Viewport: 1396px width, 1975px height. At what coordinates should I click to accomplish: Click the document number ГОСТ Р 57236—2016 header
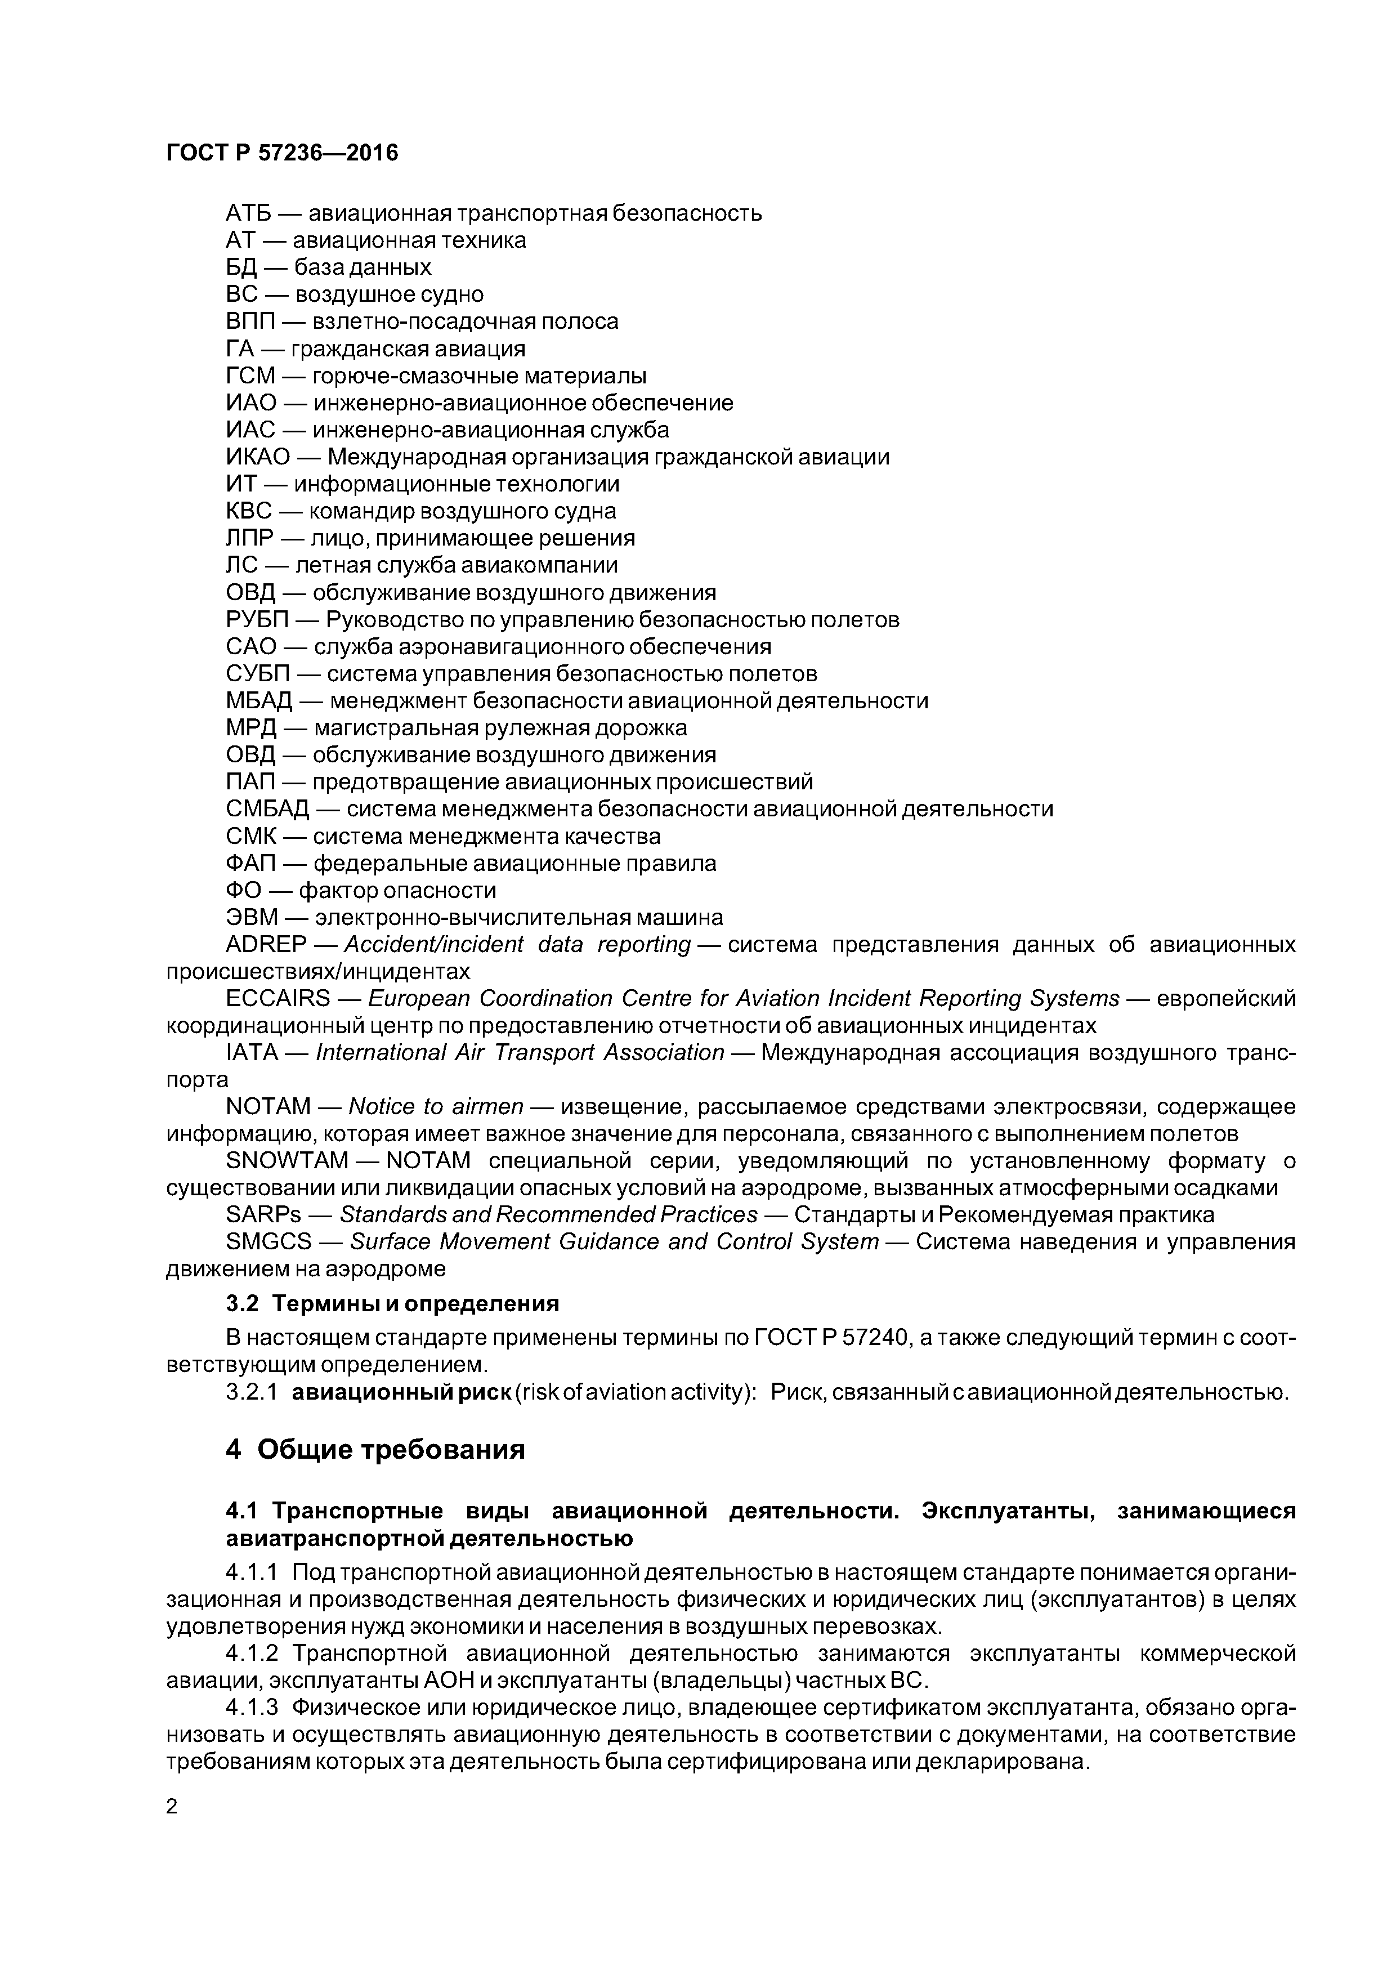coord(281,153)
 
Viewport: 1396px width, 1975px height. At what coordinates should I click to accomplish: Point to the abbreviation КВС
coord(249,511)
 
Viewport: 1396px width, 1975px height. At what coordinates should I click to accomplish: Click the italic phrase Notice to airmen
coord(435,1106)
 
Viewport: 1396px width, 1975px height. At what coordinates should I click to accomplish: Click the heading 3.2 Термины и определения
coord(392,1303)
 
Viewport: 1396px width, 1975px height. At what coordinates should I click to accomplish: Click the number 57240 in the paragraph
coord(874,1338)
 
